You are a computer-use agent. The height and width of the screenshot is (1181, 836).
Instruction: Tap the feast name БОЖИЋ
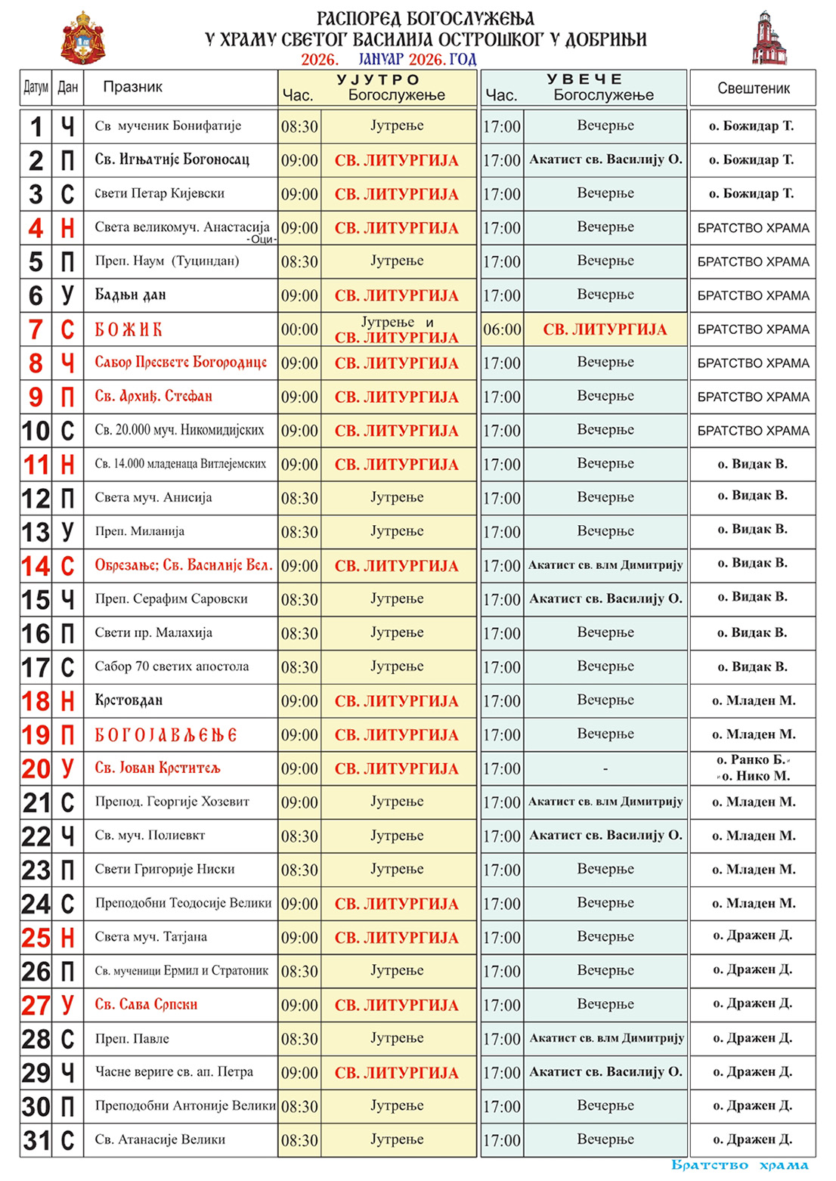pos(128,329)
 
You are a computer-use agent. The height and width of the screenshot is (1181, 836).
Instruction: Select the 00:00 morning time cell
pos(299,329)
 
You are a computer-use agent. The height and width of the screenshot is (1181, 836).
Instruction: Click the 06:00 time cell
pos(502,329)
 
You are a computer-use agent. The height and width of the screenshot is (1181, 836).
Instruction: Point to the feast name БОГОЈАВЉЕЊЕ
pos(166,734)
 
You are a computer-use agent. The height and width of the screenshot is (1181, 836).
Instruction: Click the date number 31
pos(36,1140)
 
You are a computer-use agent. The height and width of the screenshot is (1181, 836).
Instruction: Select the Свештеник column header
pos(753,88)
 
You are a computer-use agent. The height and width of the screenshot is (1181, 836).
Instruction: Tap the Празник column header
pos(133,87)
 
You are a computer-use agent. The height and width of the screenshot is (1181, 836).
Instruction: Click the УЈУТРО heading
pos(378,79)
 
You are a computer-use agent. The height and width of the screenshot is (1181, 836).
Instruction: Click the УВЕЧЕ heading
pos(585,79)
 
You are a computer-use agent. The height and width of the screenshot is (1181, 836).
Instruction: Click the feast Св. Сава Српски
pos(146,1004)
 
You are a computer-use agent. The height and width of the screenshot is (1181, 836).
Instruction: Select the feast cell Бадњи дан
pos(130,295)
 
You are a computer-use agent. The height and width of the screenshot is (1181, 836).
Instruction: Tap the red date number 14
pos(36,565)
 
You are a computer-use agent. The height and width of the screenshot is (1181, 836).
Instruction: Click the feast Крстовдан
pos(128,700)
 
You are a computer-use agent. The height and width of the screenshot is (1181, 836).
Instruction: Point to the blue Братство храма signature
pos(739,1165)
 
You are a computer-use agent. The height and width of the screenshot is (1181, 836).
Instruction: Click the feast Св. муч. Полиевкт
pos(150,836)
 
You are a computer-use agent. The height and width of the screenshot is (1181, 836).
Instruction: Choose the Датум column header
pos(36,88)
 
